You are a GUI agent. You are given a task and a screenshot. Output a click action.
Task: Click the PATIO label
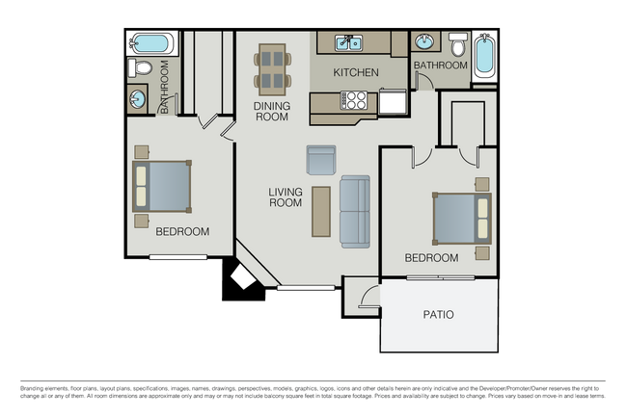click(438, 315)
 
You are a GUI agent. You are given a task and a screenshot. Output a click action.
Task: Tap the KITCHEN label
click(356, 72)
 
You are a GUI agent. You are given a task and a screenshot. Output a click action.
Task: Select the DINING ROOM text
click(271, 111)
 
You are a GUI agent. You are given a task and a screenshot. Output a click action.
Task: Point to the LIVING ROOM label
click(285, 197)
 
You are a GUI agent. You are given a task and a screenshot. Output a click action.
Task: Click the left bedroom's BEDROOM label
click(182, 231)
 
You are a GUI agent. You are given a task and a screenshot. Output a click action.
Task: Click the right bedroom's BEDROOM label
click(431, 257)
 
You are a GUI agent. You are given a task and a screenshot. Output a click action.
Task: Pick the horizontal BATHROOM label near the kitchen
click(440, 65)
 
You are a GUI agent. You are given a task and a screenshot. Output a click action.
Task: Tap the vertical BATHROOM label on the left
click(165, 87)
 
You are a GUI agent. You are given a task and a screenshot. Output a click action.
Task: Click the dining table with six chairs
click(273, 67)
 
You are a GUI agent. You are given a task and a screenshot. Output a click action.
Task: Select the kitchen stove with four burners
click(355, 100)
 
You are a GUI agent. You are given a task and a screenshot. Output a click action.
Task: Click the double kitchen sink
click(348, 42)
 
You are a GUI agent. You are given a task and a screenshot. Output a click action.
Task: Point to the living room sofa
click(355, 211)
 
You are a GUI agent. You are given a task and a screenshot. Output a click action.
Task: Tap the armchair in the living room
click(320, 159)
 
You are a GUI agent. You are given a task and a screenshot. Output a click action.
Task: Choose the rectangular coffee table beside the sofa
click(320, 211)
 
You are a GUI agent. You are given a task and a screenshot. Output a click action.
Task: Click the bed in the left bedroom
click(162, 187)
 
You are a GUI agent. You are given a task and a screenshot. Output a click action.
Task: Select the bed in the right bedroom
click(462, 219)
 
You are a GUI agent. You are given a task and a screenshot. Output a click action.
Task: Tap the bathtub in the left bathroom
click(152, 43)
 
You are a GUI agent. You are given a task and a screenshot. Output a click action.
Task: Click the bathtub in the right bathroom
click(484, 57)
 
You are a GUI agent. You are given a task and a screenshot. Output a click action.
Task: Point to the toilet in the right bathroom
click(457, 44)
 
